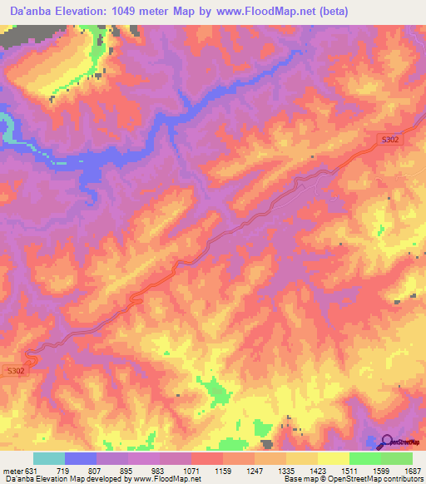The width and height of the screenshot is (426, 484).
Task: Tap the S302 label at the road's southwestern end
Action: tap(15, 370)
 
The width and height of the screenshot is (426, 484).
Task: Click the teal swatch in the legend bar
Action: tap(49, 458)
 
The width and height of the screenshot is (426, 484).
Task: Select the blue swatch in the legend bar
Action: tap(81, 458)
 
